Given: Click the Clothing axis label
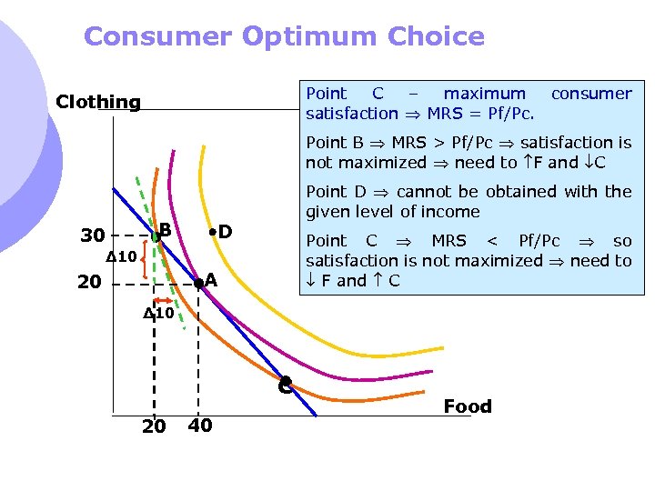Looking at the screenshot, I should pyautogui.click(x=98, y=102).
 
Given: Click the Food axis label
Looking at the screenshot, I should pyautogui.click(x=468, y=406).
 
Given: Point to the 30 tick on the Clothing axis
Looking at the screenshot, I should pyautogui.click(x=92, y=236).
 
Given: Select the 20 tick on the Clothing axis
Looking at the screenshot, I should pyautogui.click(x=89, y=283).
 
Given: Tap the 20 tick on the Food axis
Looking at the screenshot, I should pyautogui.click(x=155, y=426).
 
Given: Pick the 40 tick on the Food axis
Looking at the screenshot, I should pyautogui.click(x=200, y=426).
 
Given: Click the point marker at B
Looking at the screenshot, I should pyautogui.click(x=156, y=236).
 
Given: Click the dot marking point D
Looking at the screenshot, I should pyautogui.click(x=210, y=233).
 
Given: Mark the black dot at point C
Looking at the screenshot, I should pyautogui.click(x=285, y=383).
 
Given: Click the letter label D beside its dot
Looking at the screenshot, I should pyautogui.click(x=225, y=233).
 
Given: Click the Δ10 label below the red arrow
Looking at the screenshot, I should pyautogui.click(x=158, y=314).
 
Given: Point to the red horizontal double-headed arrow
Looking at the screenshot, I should pyautogui.click(x=165, y=299).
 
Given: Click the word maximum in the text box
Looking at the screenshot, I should pyautogui.click(x=484, y=94).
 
